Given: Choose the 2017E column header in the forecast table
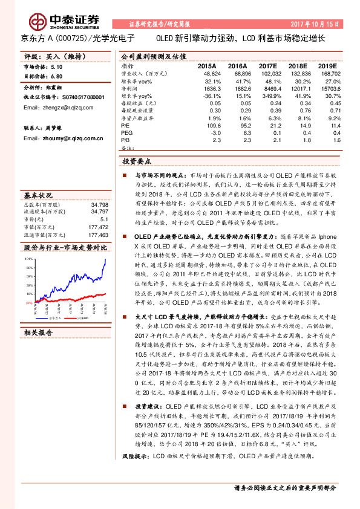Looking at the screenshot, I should click(268, 65).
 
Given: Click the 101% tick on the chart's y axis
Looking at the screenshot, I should click(28, 258).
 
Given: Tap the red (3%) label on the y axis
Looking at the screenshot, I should click(28, 302).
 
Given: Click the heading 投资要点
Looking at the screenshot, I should click(137, 162).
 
